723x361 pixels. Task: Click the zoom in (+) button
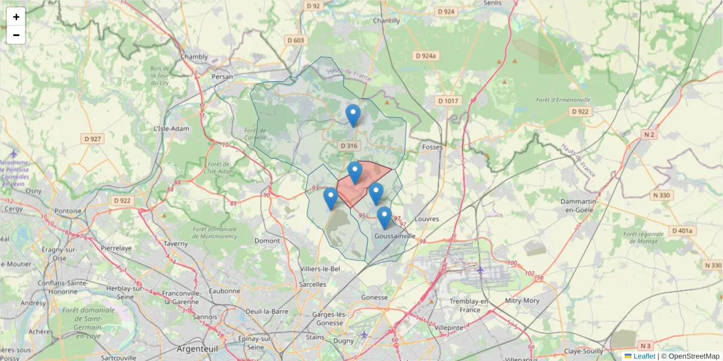pos(16,17)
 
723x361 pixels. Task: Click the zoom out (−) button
pos(16,35)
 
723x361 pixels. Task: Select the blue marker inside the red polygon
pos(355,173)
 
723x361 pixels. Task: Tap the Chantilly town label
pos(386,20)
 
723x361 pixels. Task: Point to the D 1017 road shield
pos(448,101)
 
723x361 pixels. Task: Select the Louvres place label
pos(427,219)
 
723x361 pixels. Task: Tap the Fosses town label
pos(433,147)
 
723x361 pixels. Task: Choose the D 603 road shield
pos(296,40)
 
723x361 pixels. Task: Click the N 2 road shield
pos(649,135)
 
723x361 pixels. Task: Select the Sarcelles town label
pos(313,284)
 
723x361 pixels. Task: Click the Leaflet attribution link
pos(644,356)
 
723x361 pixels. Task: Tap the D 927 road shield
pos(92,139)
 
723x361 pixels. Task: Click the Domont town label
pos(267,241)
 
